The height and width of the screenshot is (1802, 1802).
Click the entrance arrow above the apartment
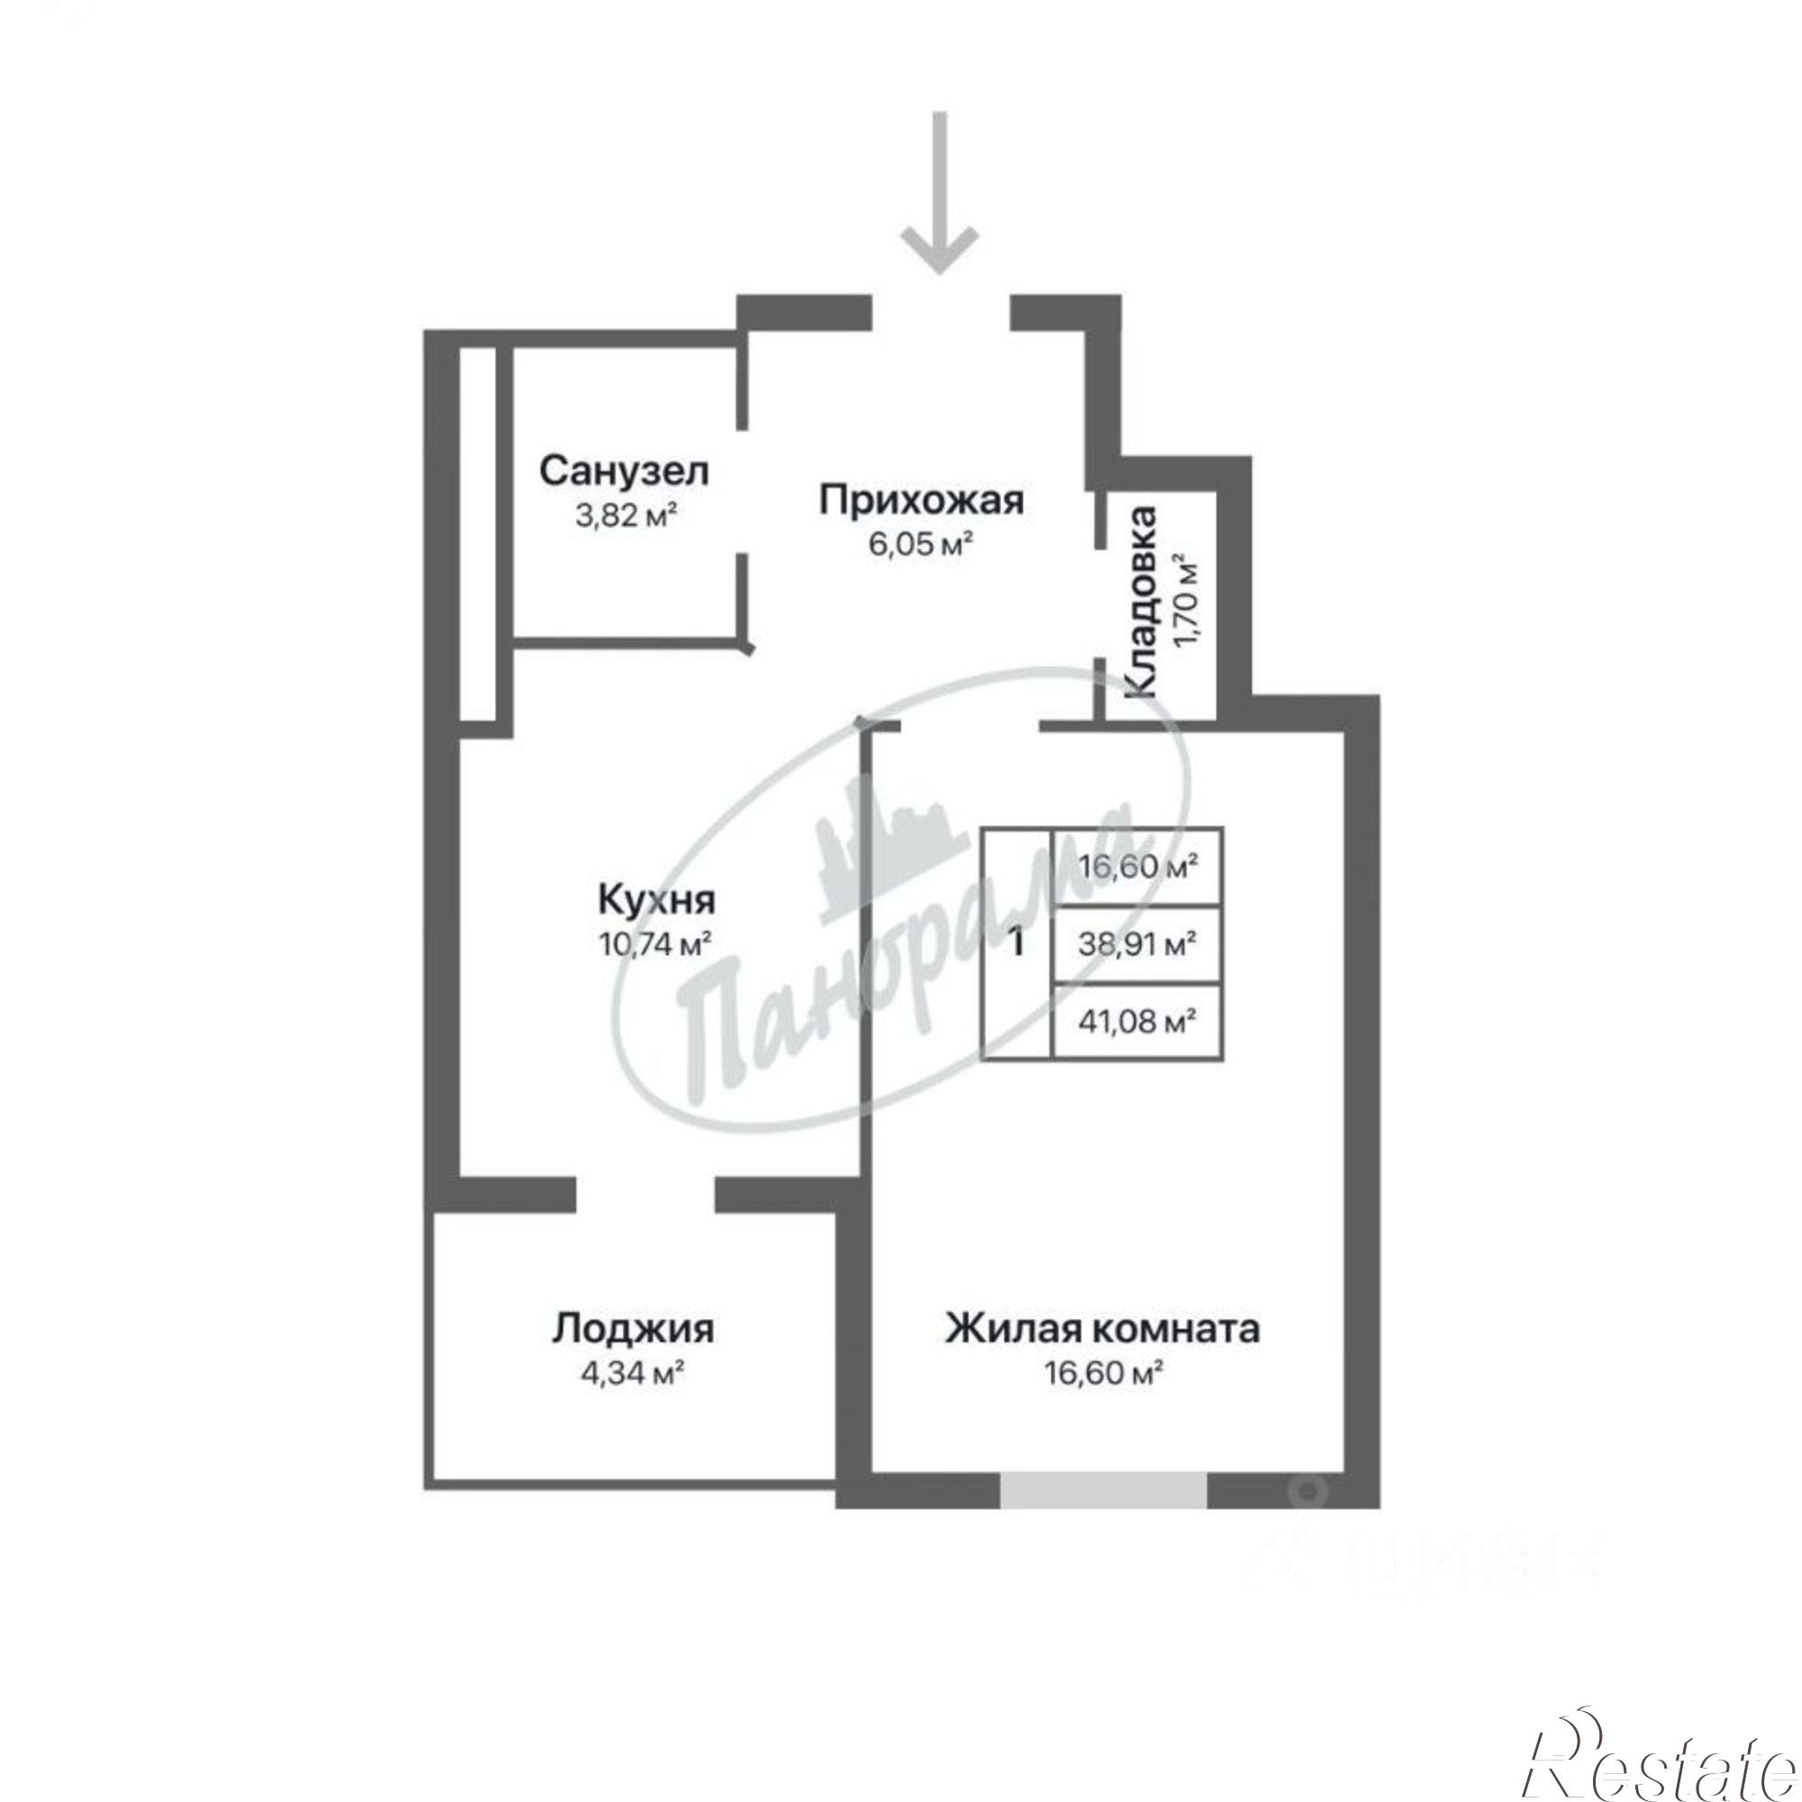click(x=940, y=193)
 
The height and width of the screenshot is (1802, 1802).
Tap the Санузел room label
click(x=624, y=471)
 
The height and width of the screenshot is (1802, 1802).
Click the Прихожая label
click(x=922, y=500)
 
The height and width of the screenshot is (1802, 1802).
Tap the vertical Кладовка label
click(x=1142, y=602)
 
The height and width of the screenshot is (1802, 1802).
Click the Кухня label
click(x=656, y=901)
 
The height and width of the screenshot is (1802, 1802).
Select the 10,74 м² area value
click(x=656, y=945)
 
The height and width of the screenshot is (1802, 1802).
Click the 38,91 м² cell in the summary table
click(x=1137, y=945)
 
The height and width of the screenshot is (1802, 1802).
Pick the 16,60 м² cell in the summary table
click(x=1137, y=868)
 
